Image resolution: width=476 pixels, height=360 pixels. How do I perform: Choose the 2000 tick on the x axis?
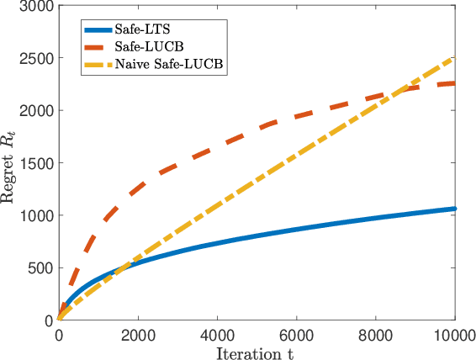[x=138, y=336]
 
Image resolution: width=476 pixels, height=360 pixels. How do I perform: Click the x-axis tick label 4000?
[x=217, y=336]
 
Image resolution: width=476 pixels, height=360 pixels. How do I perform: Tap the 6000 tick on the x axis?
[x=297, y=336]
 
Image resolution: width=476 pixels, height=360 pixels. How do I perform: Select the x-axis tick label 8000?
[x=376, y=336]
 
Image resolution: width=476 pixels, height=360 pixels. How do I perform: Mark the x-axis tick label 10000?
[x=454, y=336]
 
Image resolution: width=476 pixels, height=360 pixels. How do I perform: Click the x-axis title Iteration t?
[x=257, y=352]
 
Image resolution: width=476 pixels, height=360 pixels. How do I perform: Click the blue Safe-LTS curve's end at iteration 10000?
[x=455, y=209]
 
